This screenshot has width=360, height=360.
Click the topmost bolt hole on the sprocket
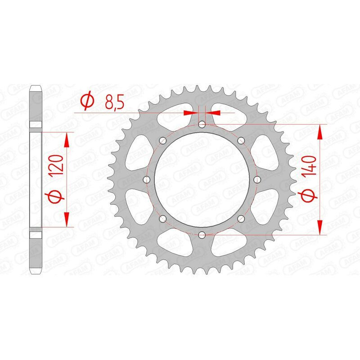pos(202,124)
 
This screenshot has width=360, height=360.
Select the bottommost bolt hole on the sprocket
pos(202,234)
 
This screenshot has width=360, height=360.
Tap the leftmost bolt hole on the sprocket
pos(146,179)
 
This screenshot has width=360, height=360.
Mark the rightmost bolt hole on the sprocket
pos(257,179)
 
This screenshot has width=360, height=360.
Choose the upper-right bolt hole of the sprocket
pos(241,140)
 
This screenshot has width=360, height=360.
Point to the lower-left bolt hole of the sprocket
pos(162,218)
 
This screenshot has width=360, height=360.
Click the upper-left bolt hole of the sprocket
pos(162,140)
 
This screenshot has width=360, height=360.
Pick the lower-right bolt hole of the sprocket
pos(241,218)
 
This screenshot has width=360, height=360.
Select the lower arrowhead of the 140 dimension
pos(320,228)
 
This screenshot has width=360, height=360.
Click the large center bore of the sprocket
pos(202,179)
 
